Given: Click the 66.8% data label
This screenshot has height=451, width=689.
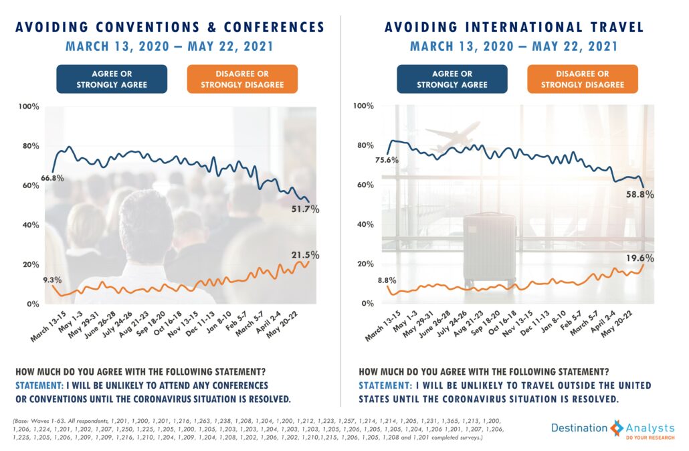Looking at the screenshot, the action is [x=53, y=178].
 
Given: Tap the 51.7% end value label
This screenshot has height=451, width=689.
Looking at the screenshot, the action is [x=306, y=209].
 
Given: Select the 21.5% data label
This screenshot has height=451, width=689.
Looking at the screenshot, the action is [x=306, y=256].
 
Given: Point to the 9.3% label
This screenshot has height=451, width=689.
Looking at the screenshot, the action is [x=52, y=280].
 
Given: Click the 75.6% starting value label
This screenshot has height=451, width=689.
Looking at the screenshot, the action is [x=387, y=160].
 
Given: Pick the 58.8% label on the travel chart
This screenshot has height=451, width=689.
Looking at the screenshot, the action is [x=639, y=194].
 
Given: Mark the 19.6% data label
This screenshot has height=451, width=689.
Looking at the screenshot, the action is [x=639, y=258].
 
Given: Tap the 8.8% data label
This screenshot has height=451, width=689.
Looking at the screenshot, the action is [x=387, y=280].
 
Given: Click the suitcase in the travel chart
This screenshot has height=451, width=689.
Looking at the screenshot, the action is [x=490, y=249].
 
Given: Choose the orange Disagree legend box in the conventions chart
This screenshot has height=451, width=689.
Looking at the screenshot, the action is [x=242, y=79].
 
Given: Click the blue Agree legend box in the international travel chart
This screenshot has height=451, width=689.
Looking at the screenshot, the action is [x=452, y=79].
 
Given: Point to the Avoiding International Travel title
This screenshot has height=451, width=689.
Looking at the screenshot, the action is [x=514, y=27].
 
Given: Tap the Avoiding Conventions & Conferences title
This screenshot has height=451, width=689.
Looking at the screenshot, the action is [x=170, y=27].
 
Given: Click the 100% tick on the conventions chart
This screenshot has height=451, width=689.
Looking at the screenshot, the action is [x=29, y=106].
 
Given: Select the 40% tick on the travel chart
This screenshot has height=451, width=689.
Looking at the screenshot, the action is [x=366, y=225].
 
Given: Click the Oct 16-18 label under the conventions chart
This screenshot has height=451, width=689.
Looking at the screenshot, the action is [x=168, y=323].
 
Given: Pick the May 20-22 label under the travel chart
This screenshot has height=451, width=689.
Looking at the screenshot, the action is [x=617, y=323].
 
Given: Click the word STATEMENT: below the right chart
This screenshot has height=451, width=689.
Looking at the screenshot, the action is [x=385, y=385].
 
